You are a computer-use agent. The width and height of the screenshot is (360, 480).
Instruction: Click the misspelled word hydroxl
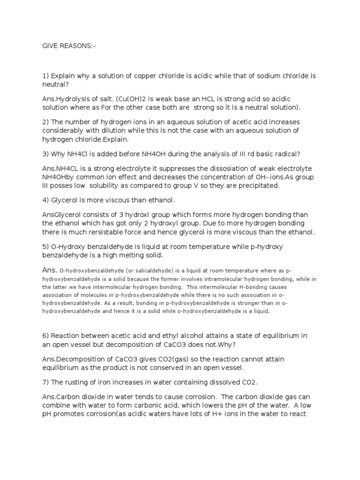[124, 215]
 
